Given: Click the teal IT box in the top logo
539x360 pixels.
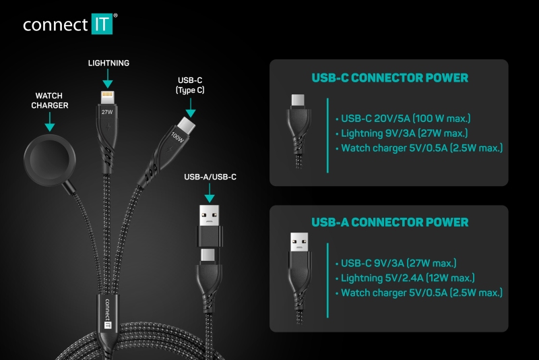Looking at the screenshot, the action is click(102, 24).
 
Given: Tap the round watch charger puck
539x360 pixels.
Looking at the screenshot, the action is click(49, 160).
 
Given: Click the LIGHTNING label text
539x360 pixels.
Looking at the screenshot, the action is click(108, 63).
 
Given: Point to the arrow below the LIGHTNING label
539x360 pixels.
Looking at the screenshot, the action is click(108, 78).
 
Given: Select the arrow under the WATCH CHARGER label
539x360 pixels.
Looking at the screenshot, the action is click(50, 122).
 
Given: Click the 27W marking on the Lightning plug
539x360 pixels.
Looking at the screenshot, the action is click(107, 112).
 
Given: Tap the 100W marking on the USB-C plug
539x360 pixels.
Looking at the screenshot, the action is click(177, 138).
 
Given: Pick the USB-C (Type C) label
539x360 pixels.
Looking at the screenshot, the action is click(190, 85).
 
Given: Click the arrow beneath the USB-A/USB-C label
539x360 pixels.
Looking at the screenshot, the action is click(210, 193).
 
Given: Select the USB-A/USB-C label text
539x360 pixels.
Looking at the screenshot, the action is click(210, 177).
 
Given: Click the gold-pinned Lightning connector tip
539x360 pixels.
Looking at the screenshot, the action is click(108, 96).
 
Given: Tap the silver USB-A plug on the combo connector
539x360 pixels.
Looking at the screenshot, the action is click(210, 215).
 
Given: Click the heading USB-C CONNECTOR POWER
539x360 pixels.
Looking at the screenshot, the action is click(390, 78).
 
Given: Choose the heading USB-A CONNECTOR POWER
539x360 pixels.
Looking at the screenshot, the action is click(390, 222).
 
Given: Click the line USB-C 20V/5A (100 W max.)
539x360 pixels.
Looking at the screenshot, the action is click(403, 119).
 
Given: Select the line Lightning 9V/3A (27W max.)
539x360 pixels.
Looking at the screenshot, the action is click(402, 133).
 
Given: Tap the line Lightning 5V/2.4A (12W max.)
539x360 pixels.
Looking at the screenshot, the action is click(405, 278).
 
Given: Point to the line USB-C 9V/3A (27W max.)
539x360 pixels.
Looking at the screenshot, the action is click(396, 264).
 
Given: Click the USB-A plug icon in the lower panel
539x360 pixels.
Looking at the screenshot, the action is click(299, 242).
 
